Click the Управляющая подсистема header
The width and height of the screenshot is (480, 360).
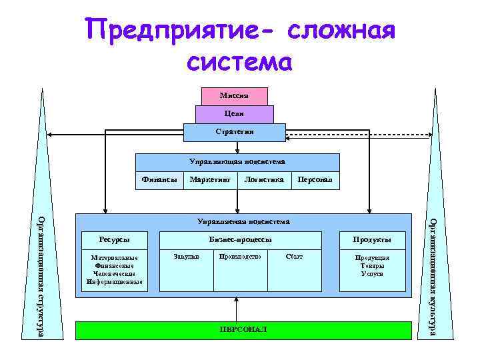(237, 162)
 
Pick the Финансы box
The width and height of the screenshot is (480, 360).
(160, 179)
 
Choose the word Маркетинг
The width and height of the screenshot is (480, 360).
(210, 179)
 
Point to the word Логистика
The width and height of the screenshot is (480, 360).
(264, 179)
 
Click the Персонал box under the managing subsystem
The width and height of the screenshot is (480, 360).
(314, 180)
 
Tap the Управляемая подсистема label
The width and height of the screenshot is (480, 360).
(243, 221)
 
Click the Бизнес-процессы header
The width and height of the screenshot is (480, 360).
(240, 240)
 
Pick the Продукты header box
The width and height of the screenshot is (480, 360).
(372, 240)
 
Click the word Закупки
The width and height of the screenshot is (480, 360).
(186, 257)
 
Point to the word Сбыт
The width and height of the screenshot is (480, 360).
(293, 257)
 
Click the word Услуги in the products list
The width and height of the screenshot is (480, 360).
(372, 274)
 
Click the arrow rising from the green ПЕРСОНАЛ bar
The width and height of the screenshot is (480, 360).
(235, 308)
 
